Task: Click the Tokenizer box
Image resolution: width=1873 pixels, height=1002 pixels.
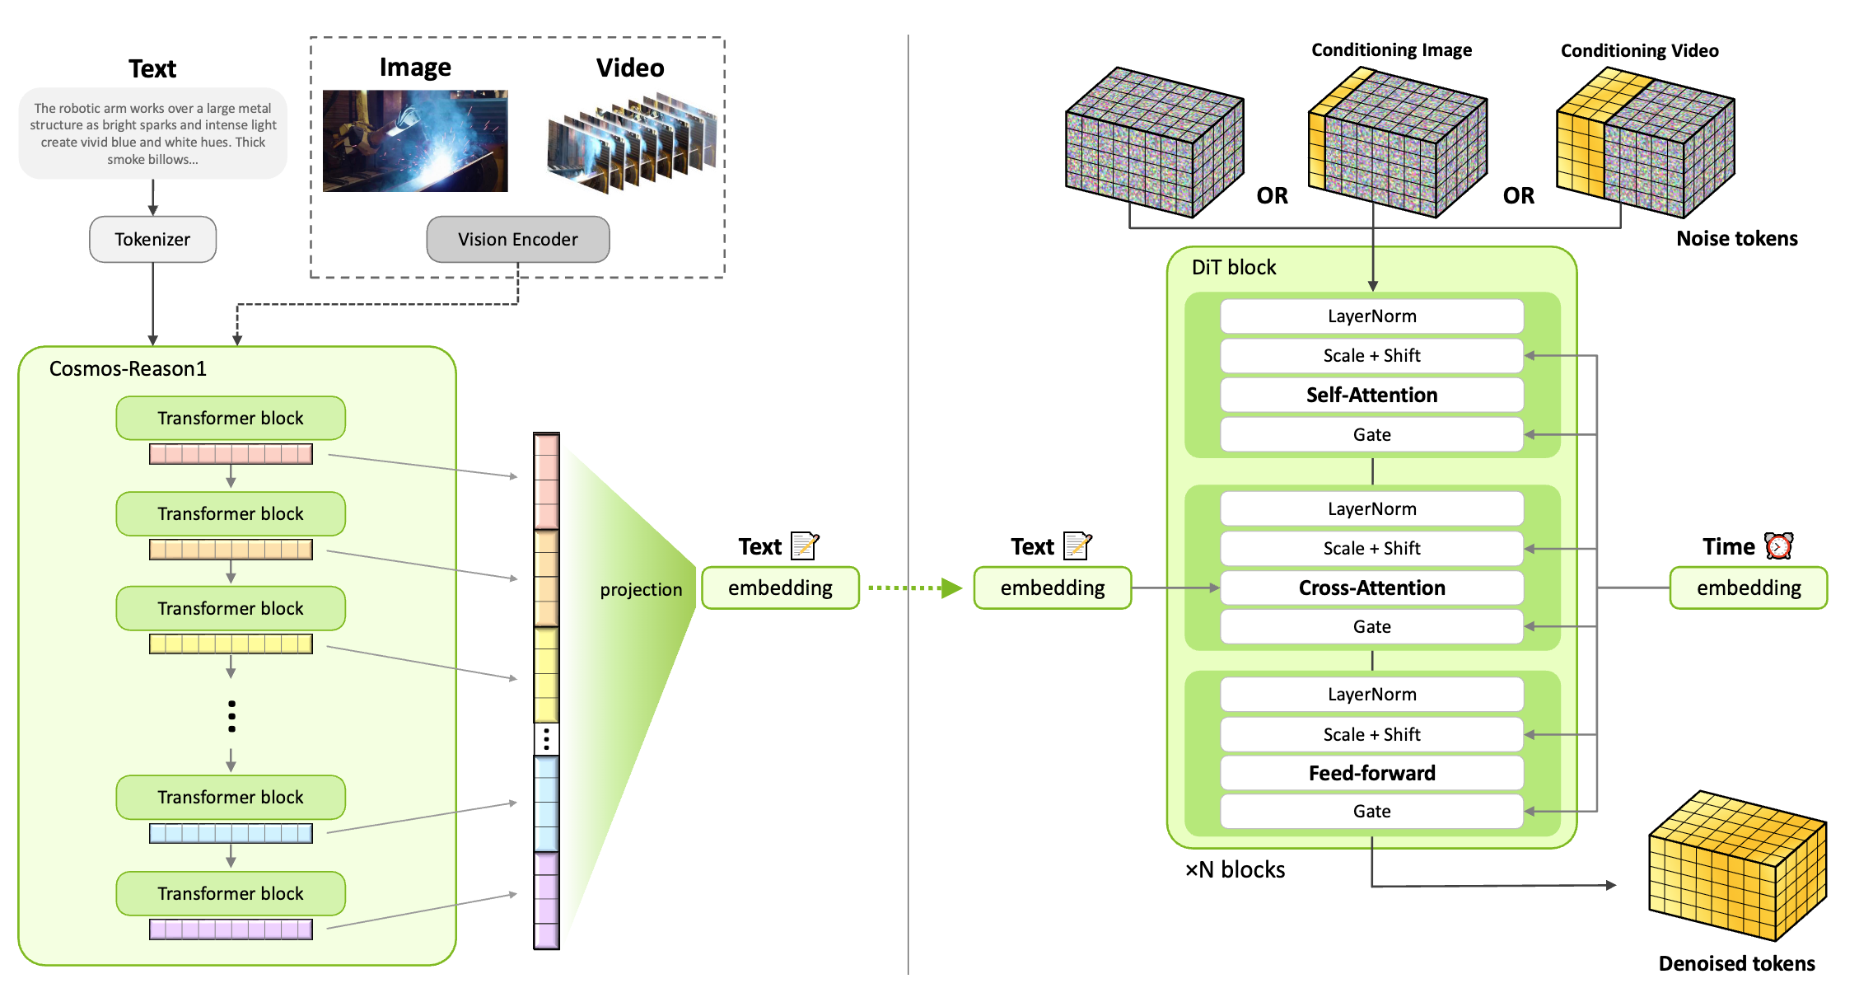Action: [152, 239]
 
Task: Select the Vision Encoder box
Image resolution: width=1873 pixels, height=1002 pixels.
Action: [517, 239]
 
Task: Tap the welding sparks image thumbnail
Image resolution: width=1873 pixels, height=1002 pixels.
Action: [415, 141]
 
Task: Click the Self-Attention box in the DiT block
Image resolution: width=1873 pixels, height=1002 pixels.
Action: [1371, 395]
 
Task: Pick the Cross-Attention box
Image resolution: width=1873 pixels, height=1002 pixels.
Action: [1371, 588]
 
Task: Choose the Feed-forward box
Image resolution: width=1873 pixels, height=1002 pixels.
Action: [1371, 773]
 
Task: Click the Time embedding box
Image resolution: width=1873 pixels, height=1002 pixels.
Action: [1748, 588]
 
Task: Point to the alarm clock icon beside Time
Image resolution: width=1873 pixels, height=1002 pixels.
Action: [1778, 545]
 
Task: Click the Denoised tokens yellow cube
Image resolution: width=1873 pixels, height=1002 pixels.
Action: [1736, 865]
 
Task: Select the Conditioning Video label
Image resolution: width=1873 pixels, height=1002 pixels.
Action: [1639, 51]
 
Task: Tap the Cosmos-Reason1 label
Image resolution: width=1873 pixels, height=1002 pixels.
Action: [128, 368]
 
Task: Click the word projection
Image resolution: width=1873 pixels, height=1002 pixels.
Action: [641, 589]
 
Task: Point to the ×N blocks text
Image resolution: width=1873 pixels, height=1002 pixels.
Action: [1235, 869]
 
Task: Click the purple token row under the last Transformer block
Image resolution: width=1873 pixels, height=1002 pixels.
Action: [231, 929]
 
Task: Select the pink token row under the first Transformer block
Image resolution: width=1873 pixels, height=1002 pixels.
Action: [231, 454]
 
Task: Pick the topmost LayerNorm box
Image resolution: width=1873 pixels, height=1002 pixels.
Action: [1371, 316]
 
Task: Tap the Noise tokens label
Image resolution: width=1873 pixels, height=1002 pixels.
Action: [1736, 238]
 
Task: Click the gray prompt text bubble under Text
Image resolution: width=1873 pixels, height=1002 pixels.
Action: [152, 133]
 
